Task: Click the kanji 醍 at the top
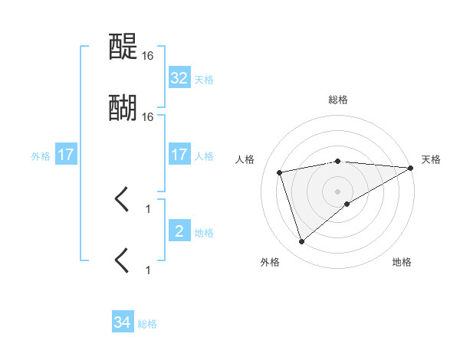(x=123, y=48)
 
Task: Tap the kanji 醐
(x=123, y=109)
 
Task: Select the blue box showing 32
(x=179, y=78)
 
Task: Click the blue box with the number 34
(x=123, y=323)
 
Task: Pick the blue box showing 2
(x=179, y=231)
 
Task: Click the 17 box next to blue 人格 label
(x=179, y=155)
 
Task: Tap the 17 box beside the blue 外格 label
(x=66, y=155)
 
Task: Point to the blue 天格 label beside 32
(x=204, y=79)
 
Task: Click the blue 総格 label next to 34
(x=148, y=324)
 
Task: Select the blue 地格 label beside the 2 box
(x=204, y=232)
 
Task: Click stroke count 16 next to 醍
(x=148, y=56)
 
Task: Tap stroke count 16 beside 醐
(x=148, y=117)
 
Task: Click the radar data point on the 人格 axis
(x=280, y=172)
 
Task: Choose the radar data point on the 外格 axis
(x=301, y=242)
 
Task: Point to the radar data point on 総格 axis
(x=338, y=161)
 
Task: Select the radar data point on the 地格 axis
(x=347, y=203)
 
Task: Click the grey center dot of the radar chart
(x=338, y=191)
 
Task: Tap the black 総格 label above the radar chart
(x=338, y=100)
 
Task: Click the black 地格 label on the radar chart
(x=402, y=263)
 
